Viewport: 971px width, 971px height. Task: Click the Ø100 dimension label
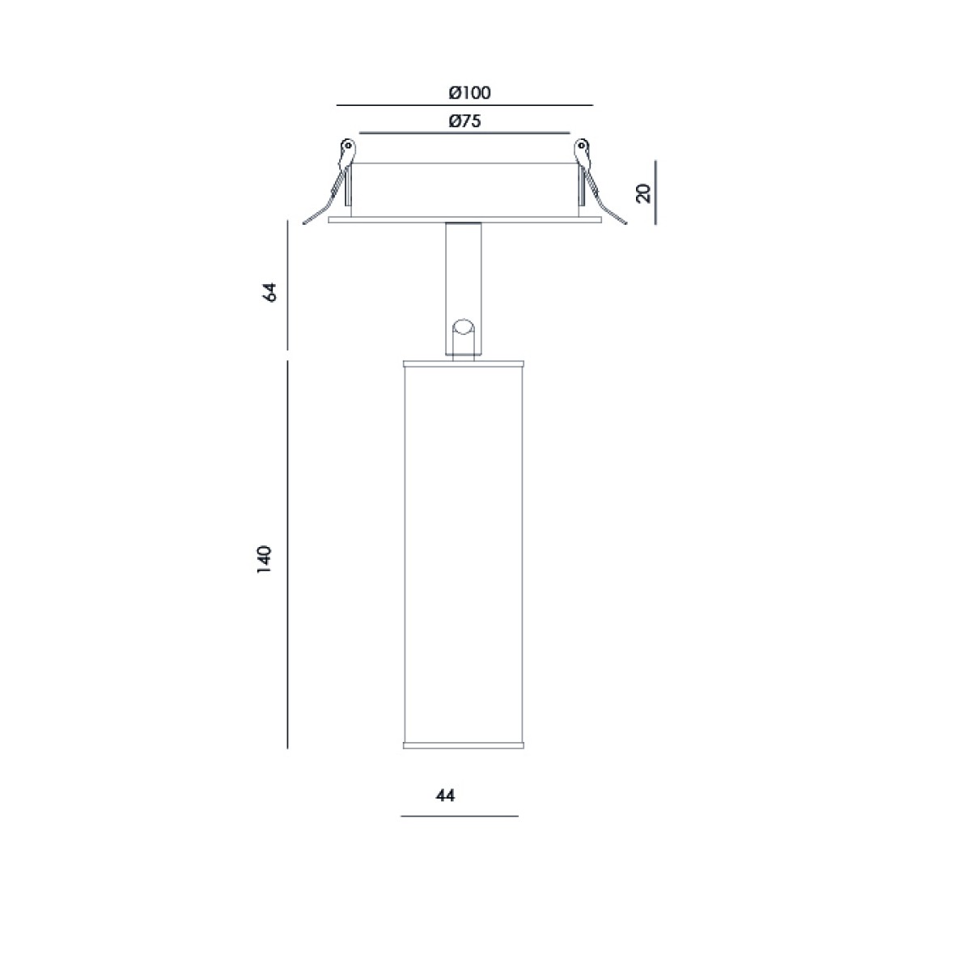[469, 93]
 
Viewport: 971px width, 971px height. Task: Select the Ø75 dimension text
[464, 121]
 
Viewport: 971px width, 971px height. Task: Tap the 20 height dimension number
[644, 193]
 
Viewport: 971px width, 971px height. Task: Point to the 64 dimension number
[270, 292]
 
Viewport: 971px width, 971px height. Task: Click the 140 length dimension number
[264, 558]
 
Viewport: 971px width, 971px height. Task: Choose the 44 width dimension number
[445, 795]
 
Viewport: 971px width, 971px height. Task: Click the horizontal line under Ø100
[464, 105]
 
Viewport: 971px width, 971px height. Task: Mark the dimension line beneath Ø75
[464, 133]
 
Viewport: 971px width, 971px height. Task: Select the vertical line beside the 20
[655, 192]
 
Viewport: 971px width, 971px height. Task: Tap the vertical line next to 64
[287, 285]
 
